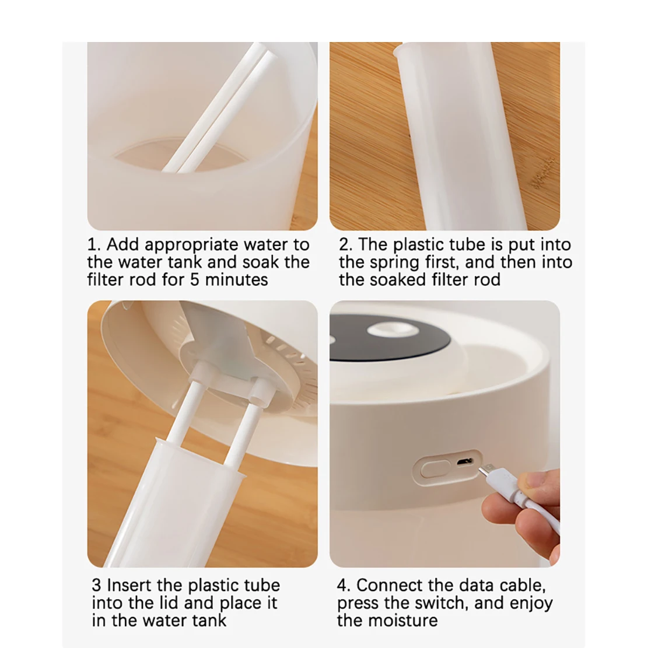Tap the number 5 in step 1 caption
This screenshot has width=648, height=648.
click(x=195, y=280)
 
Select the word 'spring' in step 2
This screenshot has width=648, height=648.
click(x=394, y=263)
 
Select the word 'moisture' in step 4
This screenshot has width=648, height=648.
click(x=402, y=621)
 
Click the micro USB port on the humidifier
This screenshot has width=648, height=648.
click(x=465, y=461)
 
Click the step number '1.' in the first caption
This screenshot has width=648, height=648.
click(x=94, y=245)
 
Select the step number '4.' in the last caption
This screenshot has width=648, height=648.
click(x=344, y=585)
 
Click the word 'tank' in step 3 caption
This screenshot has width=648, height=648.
click(x=210, y=621)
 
